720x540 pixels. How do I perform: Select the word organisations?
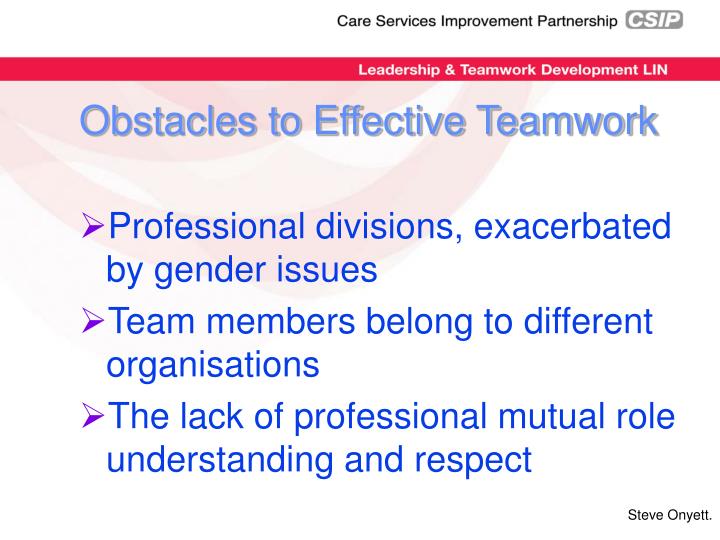click(213, 365)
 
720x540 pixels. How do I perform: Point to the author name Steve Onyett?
click(669, 514)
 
